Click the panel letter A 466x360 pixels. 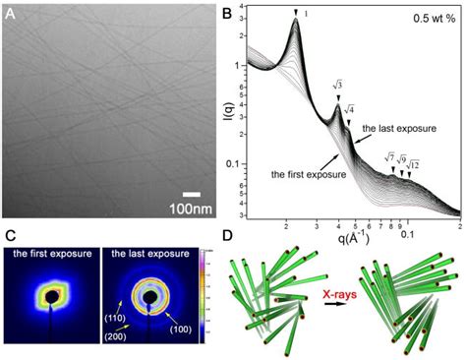(x=12, y=14)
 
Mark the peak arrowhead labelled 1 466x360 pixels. (x=295, y=13)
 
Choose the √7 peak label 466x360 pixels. (x=391, y=155)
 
